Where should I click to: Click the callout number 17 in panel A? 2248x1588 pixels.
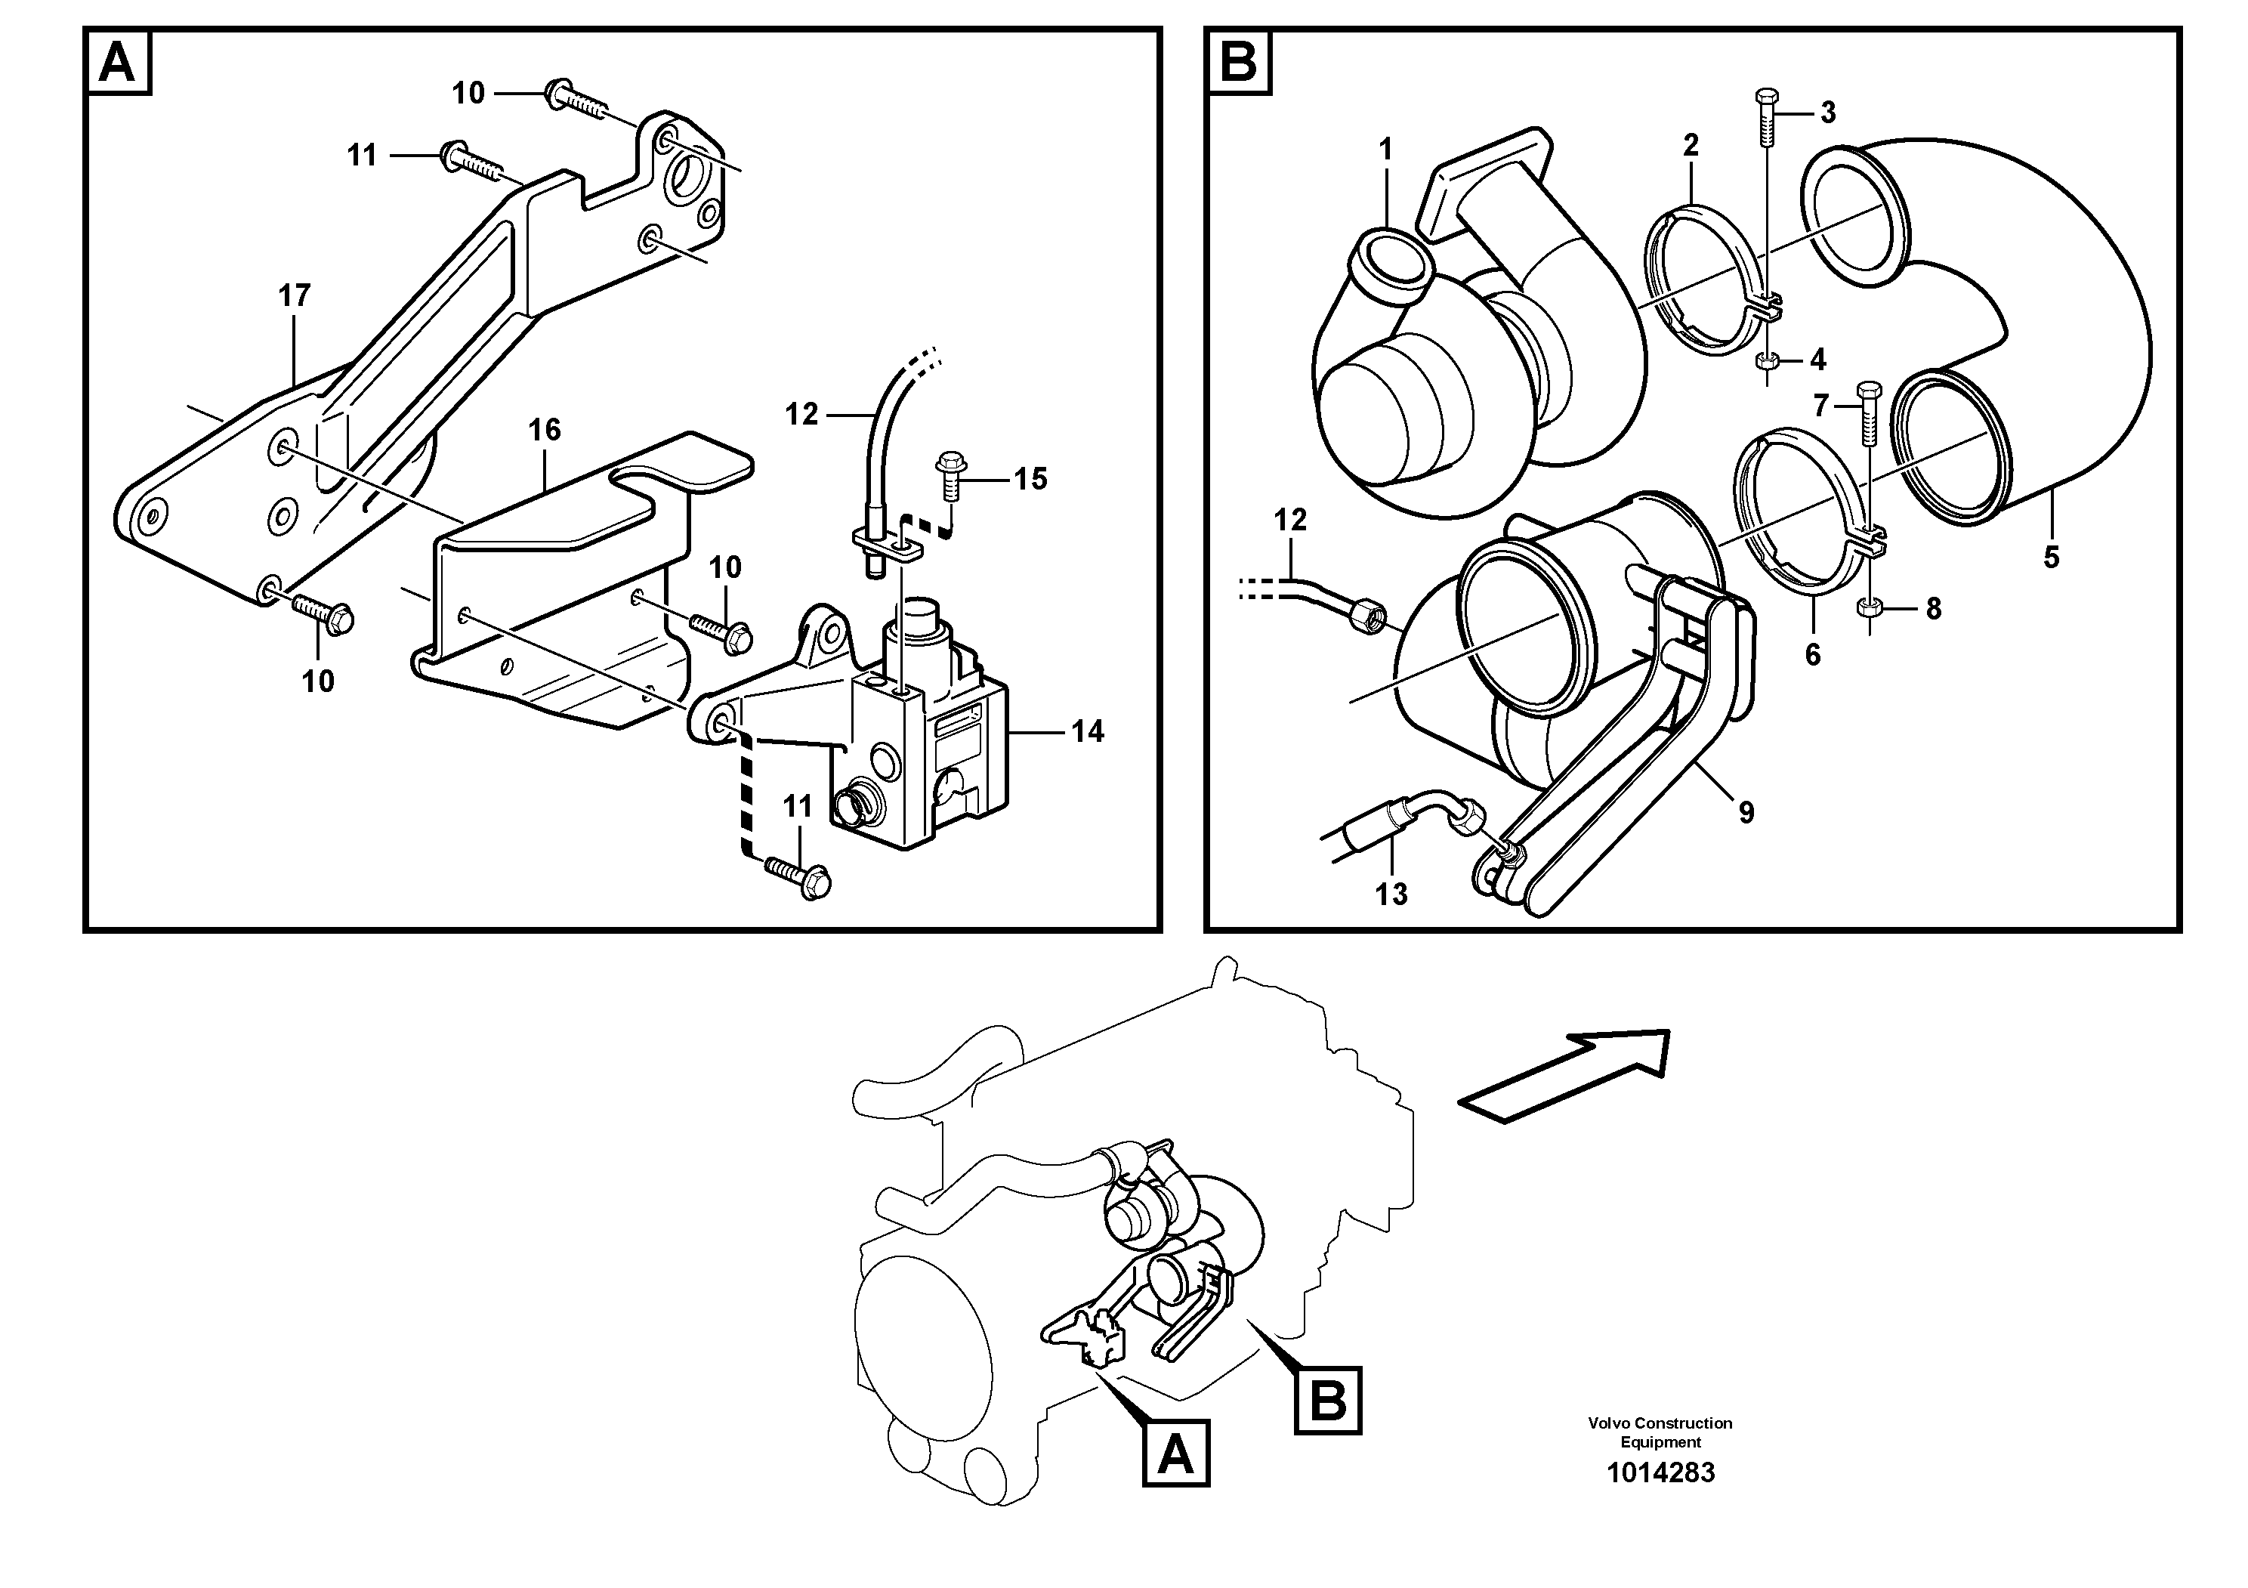point(294,295)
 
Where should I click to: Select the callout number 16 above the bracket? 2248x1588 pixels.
point(545,429)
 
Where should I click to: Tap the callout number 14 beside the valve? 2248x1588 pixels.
point(1087,731)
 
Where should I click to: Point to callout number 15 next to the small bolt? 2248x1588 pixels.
point(1030,479)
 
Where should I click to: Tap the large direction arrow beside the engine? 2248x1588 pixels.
point(1564,1075)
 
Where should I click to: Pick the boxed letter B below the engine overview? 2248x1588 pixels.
point(1328,1400)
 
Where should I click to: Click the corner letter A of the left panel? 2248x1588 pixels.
point(119,63)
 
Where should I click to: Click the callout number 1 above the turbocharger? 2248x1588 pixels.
point(1385,149)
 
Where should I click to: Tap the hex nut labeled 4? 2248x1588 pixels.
point(1768,361)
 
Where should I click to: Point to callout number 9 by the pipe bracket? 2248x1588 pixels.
point(1746,811)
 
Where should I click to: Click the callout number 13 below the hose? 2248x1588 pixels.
point(1391,894)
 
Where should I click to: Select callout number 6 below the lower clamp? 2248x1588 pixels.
point(1812,655)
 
